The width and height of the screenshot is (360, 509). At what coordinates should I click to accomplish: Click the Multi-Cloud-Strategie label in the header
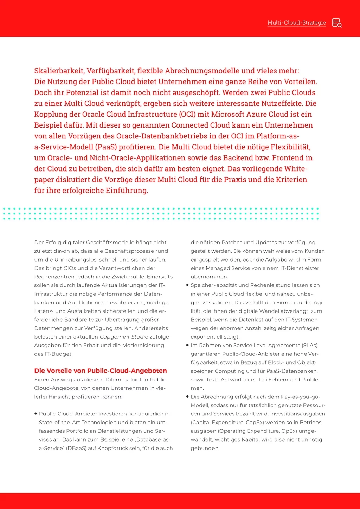(296, 23)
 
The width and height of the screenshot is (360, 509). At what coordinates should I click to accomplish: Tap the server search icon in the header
(337, 23)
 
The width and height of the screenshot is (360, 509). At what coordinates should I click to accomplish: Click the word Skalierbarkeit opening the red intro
(59, 71)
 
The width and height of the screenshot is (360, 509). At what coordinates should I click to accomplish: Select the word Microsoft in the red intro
(230, 115)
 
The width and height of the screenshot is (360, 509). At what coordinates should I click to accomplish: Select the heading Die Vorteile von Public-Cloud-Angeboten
(101, 371)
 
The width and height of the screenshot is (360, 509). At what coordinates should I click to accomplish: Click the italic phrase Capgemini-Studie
(124, 337)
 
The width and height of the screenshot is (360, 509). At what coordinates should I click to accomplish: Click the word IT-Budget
(58, 354)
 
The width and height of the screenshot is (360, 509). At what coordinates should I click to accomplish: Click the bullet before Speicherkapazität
(187, 285)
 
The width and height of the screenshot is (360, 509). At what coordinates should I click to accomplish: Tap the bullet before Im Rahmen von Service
(187, 345)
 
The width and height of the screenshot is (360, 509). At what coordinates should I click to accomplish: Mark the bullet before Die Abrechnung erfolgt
(187, 397)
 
